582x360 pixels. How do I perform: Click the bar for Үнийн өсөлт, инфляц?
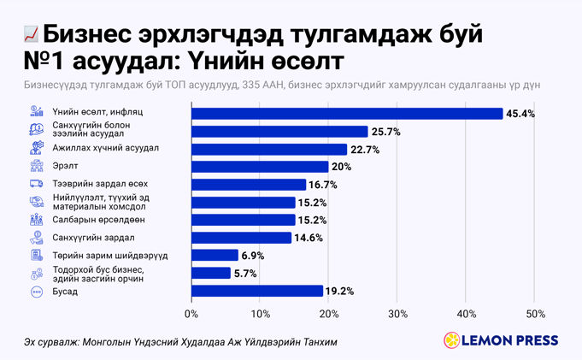click(347, 114)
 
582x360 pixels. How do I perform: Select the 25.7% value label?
click(385, 132)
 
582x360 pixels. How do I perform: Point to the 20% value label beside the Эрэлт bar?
click(341, 167)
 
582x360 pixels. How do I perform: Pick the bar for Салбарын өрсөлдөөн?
click(243, 220)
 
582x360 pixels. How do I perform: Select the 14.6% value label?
click(309, 238)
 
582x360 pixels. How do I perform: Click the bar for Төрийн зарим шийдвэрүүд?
click(215, 255)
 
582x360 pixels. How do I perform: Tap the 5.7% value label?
click(245, 273)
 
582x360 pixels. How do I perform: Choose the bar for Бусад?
click(256, 291)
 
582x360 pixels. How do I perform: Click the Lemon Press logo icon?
click(450, 340)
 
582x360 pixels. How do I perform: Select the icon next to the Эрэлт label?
click(37, 166)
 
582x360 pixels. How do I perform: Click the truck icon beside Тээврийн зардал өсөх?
click(37, 184)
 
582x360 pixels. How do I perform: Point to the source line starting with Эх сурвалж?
click(180, 342)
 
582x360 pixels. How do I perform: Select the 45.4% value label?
click(520, 114)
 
